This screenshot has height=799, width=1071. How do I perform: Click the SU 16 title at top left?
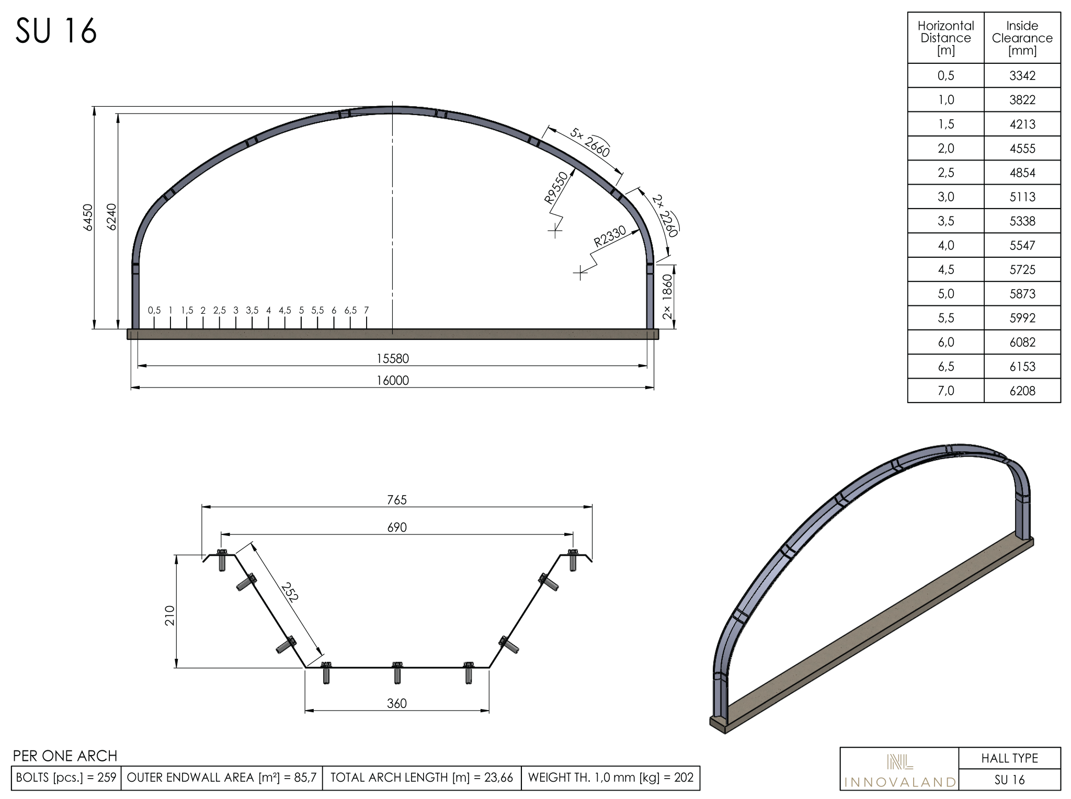click(x=56, y=30)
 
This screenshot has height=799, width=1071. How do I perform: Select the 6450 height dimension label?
click(x=88, y=217)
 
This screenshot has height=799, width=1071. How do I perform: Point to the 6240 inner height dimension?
click(x=111, y=217)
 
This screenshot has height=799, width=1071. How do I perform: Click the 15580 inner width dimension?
click(x=393, y=359)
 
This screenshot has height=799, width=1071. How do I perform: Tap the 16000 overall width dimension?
click(x=393, y=381)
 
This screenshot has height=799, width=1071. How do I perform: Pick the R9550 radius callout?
click(x=556, y=188)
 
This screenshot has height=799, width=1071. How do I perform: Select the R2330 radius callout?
click(x=610, y=236)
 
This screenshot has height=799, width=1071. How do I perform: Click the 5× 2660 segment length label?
click(x=590, y=142)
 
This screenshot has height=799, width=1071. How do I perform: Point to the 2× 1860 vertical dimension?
click(x=668, y=296)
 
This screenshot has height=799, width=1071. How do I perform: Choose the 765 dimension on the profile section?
click(x=397, y=500)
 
